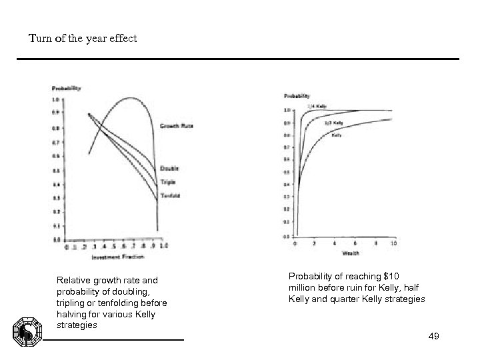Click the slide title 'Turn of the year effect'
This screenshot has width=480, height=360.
83,38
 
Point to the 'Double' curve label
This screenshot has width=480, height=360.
169,168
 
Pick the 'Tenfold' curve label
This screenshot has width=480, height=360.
170,195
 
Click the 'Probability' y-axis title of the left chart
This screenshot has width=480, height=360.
67,88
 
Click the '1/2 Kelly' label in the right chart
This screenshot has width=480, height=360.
333,123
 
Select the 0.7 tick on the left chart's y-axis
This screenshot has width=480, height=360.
56,143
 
